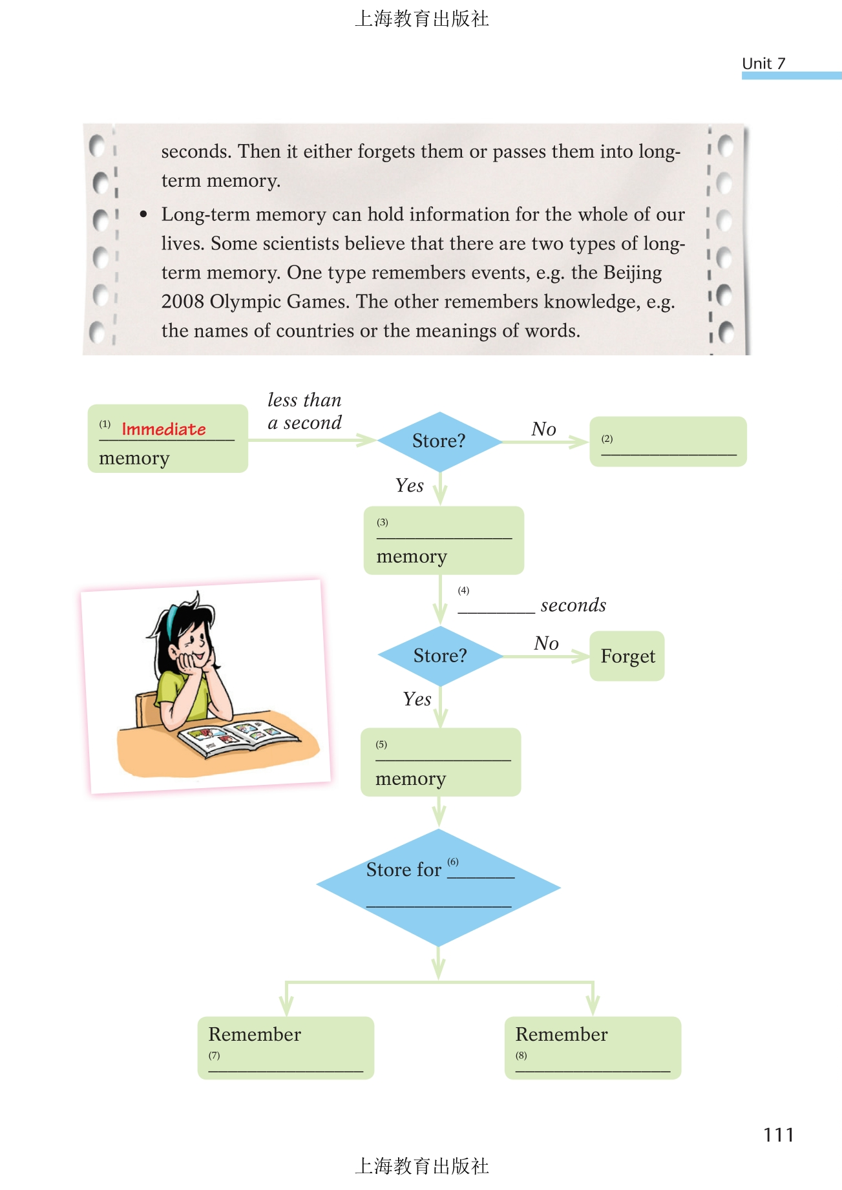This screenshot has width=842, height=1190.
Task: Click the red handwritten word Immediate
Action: pyautogui.click(x=163, y=429)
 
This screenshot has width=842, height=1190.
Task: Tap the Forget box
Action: pyautogui.click(x=627, y=656)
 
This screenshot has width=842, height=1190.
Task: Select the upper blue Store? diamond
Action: pyautogui.click(x=439, y=441)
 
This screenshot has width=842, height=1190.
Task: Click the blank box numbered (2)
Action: pyautogui.click(x=668, y=442)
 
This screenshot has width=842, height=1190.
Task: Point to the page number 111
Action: pyautogui.click(x=778, y=1135)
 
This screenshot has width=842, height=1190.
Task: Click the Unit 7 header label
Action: pyautogui.click(x=763, y=63)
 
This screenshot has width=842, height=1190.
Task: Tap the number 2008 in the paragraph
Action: pyautogui.click(x=183, y=302)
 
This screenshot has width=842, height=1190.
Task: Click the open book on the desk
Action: pyautogui.click(x=237, y=737)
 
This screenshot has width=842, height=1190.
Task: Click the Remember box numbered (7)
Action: pyautogui.click(x=286, y=1047)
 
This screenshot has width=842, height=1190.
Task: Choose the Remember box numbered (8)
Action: pyautogui.click(x=593, y=1047)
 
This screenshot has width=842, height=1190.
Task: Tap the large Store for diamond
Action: pyautogui.click(x=439, y=887)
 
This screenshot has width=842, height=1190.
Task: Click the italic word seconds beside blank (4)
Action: pyautogui.click(x=573, y=605)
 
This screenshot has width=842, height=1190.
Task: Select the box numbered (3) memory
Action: pyautogui.click(x=443, y=541)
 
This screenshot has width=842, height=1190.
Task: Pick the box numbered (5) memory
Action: pyautogui.click(x=441, y=762)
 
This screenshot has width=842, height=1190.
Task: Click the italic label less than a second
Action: pyautogui.click(x=304, y=412)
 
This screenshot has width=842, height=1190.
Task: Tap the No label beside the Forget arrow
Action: pyautogui.click(x=546, y=643)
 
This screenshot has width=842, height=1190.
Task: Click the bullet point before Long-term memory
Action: pyautogui.click(x=143, y=214)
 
